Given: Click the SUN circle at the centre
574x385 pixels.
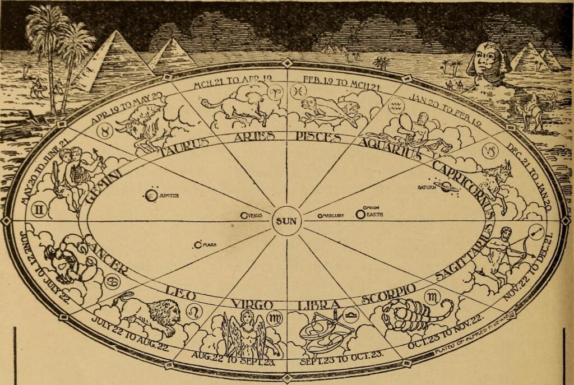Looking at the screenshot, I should tap(286, 221).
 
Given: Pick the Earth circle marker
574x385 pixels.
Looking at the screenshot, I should tap(359, 214).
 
